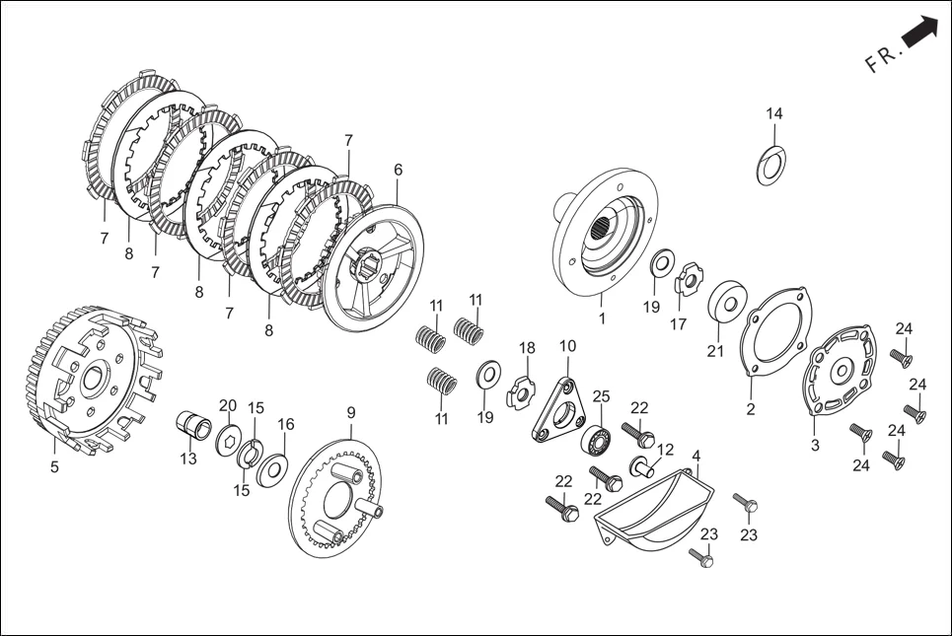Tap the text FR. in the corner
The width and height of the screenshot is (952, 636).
[x=883, y=58]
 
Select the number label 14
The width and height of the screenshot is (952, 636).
[x=774, y=114]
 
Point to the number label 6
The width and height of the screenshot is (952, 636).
[x=398, y=170]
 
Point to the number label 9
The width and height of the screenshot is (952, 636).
[x=350, y=411]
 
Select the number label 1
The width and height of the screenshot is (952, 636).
[x=602, y=318]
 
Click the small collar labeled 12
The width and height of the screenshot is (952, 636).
[x=641, y=464]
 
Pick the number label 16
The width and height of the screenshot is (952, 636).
[x=285, y=424]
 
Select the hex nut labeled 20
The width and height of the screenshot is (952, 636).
[x=230, y=439]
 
